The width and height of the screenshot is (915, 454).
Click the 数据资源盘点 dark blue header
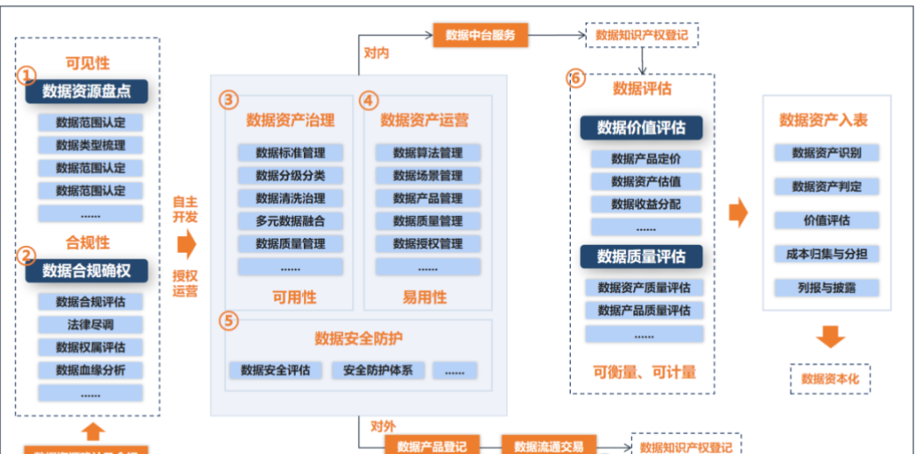click(x=86, y=91)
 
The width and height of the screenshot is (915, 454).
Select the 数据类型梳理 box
click(x=90, y=144)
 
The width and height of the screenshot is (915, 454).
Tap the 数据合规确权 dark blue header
click(x=86, y=271)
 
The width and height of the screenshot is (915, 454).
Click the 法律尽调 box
click(x=90, y=325)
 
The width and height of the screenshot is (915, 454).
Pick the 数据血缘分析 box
click(x=90, y=370)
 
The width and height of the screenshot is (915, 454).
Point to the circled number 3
click(x=229, y=101)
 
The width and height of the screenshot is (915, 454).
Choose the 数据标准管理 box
click(x=290, y=152)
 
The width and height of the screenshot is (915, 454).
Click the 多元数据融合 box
click(x=290, y=220)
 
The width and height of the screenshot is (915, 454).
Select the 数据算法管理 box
click(x=427, y=152)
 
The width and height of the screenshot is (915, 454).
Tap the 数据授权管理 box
click(x=427, y=243)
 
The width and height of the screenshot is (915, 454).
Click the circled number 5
click(x=229, y=321)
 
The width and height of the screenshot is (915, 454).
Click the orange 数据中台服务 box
click(x=480, y=35)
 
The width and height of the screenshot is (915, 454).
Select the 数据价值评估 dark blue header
click(x=641, y=127)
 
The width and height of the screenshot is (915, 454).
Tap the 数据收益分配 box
click(x=645, y=204)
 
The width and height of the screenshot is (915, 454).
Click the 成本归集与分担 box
click(x=826, y=254)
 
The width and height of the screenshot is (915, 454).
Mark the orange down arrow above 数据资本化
click(x=829, y=336)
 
